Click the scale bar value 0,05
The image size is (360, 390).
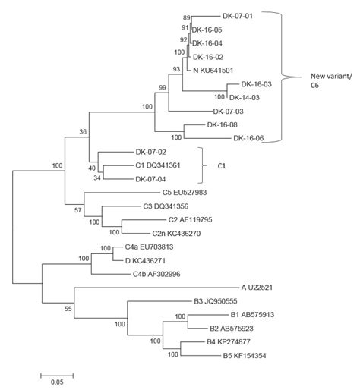[56, 382]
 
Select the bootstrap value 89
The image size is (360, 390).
[185, 16]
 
